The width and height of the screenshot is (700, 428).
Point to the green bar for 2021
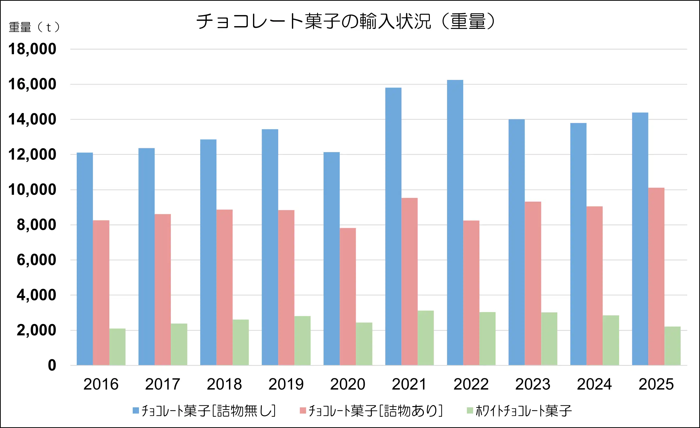pos(426,338)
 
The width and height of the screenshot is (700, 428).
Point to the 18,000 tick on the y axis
pos(32,49)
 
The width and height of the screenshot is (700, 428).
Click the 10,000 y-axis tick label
pos(32,190)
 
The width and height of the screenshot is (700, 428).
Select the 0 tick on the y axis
pos(52,365)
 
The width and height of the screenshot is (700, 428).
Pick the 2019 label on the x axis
pos(286,384)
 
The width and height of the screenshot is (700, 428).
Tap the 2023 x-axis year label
pos(533,384)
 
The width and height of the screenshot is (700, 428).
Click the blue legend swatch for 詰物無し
pos(136,410)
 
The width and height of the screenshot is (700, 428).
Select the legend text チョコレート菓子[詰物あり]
pos(375,411)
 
